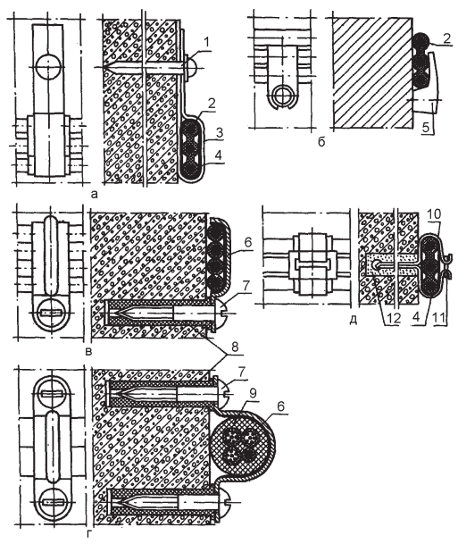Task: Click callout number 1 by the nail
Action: (x=206, y=43)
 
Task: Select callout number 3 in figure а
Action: (x=219, y=133)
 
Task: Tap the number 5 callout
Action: (x=426, y=128)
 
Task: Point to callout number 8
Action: (x=235, y=347)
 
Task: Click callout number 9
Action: (x=253, y=394)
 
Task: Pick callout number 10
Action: (x=434, y=214)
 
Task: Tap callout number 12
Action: (x=394, y=318)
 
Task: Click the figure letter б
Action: (x=321, y=142)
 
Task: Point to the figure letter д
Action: (x=353, y=320)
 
